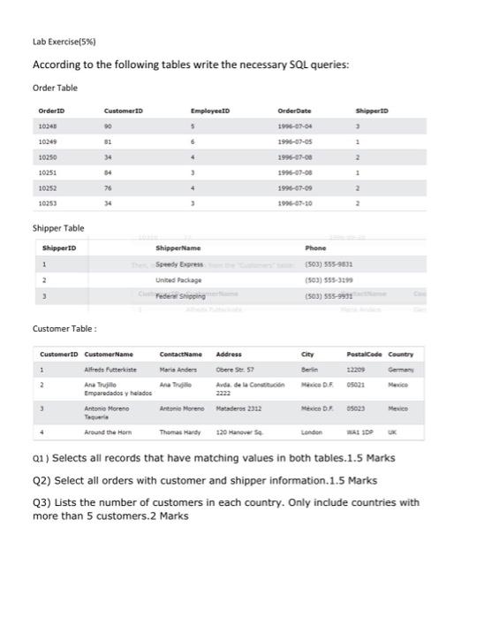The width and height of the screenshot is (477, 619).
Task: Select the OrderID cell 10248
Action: [x=48, y=126]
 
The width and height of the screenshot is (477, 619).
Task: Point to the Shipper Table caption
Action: [x=58, y=228]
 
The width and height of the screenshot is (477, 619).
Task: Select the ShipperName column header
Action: [x=178, y=248]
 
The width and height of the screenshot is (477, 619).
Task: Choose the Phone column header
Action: [x=315, y=248]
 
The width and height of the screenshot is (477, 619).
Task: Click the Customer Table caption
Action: [x=63, y=329]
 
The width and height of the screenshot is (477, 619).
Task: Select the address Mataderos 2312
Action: [x=238, y=410]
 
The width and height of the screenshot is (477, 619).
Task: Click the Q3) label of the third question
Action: [x=42, y=502]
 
